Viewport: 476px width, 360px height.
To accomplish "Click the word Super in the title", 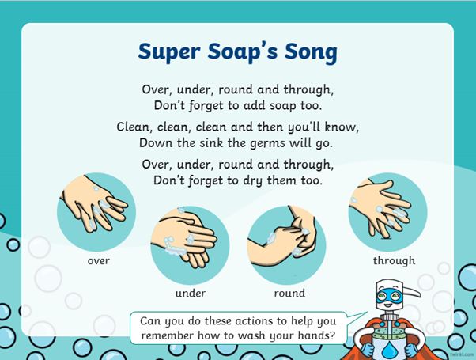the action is (x=169, y=52).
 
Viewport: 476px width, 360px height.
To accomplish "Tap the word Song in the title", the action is (x=311, y=52).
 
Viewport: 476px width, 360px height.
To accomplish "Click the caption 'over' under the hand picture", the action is (x=98, y=260).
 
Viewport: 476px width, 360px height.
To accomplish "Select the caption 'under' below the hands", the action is (x=191, y=293).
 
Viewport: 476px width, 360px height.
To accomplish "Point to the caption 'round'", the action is (x=289, y=293).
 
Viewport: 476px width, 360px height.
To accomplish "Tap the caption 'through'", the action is (x=394, y=260).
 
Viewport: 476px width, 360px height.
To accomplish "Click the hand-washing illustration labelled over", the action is (x=96, y=212).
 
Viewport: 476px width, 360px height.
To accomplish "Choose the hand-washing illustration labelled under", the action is (x=190, y=244).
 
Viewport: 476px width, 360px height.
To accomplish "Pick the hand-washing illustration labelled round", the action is (x=286, y=244).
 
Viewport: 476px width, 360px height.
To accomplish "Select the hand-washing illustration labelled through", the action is (x=387, y=212).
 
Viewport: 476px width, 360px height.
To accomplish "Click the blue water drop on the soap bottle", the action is (x=390, y=350).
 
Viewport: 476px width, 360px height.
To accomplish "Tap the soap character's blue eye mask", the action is (x=390, y=296).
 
